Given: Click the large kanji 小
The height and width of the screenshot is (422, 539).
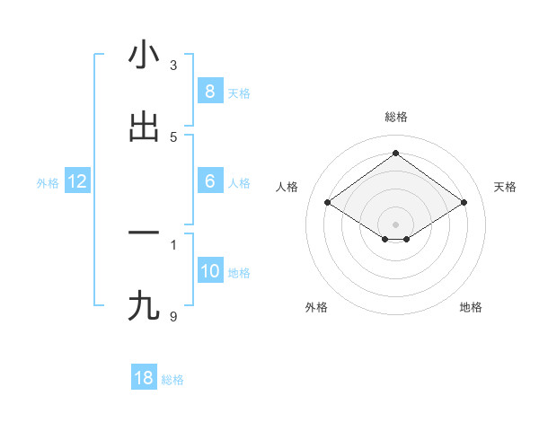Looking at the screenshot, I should pos(144,55).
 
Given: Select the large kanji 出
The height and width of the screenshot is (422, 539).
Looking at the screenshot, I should pos(144,127).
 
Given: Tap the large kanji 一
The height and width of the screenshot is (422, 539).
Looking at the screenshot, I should pos(144,233).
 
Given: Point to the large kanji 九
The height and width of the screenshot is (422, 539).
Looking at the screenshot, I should pos(144,306).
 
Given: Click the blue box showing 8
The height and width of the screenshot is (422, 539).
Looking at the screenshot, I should pos(209,91).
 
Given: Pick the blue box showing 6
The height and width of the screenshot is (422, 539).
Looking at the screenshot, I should pos(209,180).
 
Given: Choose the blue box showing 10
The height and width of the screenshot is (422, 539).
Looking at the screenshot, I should pos(209,271).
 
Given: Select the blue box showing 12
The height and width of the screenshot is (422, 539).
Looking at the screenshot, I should pos(77,181).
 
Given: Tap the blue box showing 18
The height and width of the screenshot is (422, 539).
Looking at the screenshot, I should pos(144,378).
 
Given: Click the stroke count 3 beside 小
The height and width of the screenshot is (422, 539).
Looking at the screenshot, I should pos(173,65).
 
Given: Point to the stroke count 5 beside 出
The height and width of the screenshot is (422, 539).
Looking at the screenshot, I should pos(173,136).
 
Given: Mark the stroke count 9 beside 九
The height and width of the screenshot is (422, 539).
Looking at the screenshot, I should pos(173,316).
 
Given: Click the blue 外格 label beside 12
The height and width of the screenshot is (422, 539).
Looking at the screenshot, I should pos(48,182).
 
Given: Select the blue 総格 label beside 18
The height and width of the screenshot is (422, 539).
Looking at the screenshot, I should pos(172,380).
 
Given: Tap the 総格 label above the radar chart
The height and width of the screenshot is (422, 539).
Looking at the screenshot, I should pos(396,117).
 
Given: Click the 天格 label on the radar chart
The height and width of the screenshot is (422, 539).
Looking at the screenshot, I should pos(505,187).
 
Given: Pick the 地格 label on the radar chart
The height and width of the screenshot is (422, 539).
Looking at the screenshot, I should pos(471,307).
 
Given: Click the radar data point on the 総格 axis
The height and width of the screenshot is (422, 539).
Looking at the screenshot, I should pos(396,153).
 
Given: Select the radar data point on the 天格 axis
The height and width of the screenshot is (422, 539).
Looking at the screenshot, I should pos(464,203).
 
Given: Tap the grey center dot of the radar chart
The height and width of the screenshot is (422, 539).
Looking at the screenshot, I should pos(396,224).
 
